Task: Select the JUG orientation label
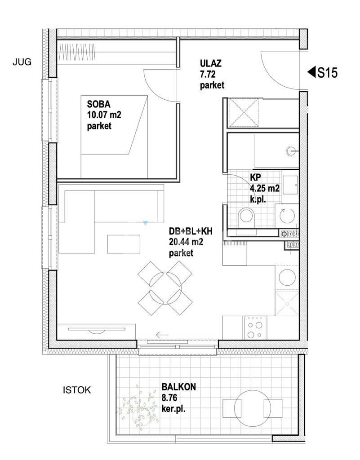coord(22,62)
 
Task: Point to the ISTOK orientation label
coord(77,390)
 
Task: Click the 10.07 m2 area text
coord(104,115)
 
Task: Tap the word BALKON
coord(178,386)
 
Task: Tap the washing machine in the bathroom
coord(284,216)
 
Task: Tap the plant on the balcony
coord(136,406)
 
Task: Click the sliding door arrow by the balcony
coord(163,334)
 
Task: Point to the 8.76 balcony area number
coord(169,398)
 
